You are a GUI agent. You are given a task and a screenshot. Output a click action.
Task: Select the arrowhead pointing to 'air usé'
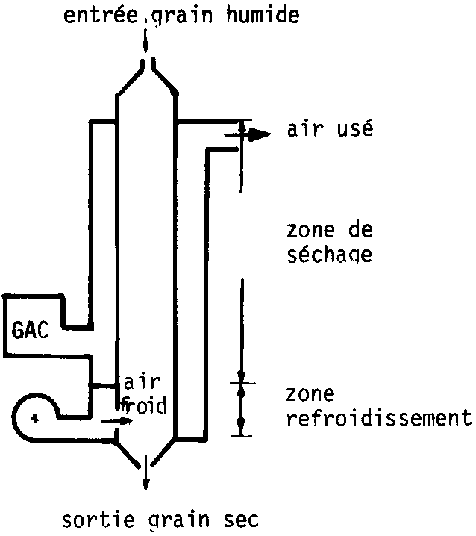click(258, 134)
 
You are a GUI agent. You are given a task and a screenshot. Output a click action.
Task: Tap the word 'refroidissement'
click(378, 418)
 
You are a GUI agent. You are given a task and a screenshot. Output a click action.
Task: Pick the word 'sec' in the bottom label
click(243, 518)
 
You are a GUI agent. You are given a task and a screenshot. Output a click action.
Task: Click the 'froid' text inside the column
click(143, 407)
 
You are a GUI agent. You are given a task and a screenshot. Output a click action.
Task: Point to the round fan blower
click(34, 417)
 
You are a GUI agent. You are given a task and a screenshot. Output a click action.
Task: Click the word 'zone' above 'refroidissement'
click(310, 394)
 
